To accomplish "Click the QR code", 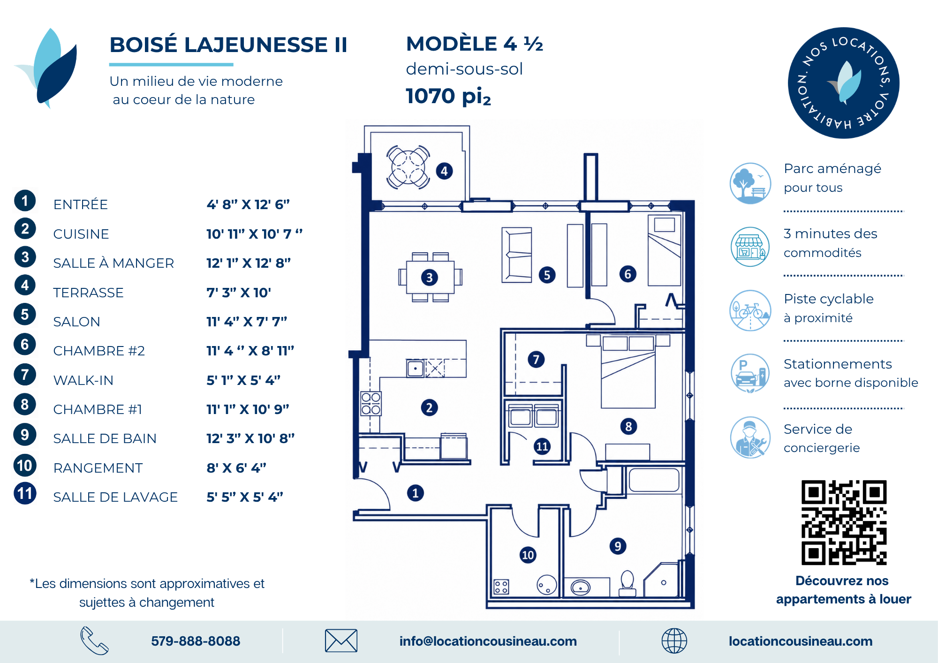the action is (844, 522).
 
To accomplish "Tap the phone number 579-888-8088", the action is (196, 641).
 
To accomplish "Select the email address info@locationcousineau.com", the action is (488, 641).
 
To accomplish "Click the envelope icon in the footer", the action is (341, 640).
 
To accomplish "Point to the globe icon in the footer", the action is (674, 641).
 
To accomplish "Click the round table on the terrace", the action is (408, 167).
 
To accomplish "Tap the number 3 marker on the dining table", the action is (429, 278).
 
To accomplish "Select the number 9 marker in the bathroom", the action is (618, 546).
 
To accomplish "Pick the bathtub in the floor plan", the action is (654, 480).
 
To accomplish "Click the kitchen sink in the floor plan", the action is (416, 369).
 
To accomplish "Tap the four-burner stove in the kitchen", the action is (371, 404).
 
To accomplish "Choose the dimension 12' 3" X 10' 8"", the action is (250, 438).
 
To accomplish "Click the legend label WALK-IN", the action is (83, 380).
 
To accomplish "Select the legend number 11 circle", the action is (25, 493).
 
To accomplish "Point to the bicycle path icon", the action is (750, 310).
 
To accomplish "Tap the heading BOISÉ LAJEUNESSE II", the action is (228, 45).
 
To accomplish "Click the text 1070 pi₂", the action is (448, 96).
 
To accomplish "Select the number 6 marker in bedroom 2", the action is (628, 274).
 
